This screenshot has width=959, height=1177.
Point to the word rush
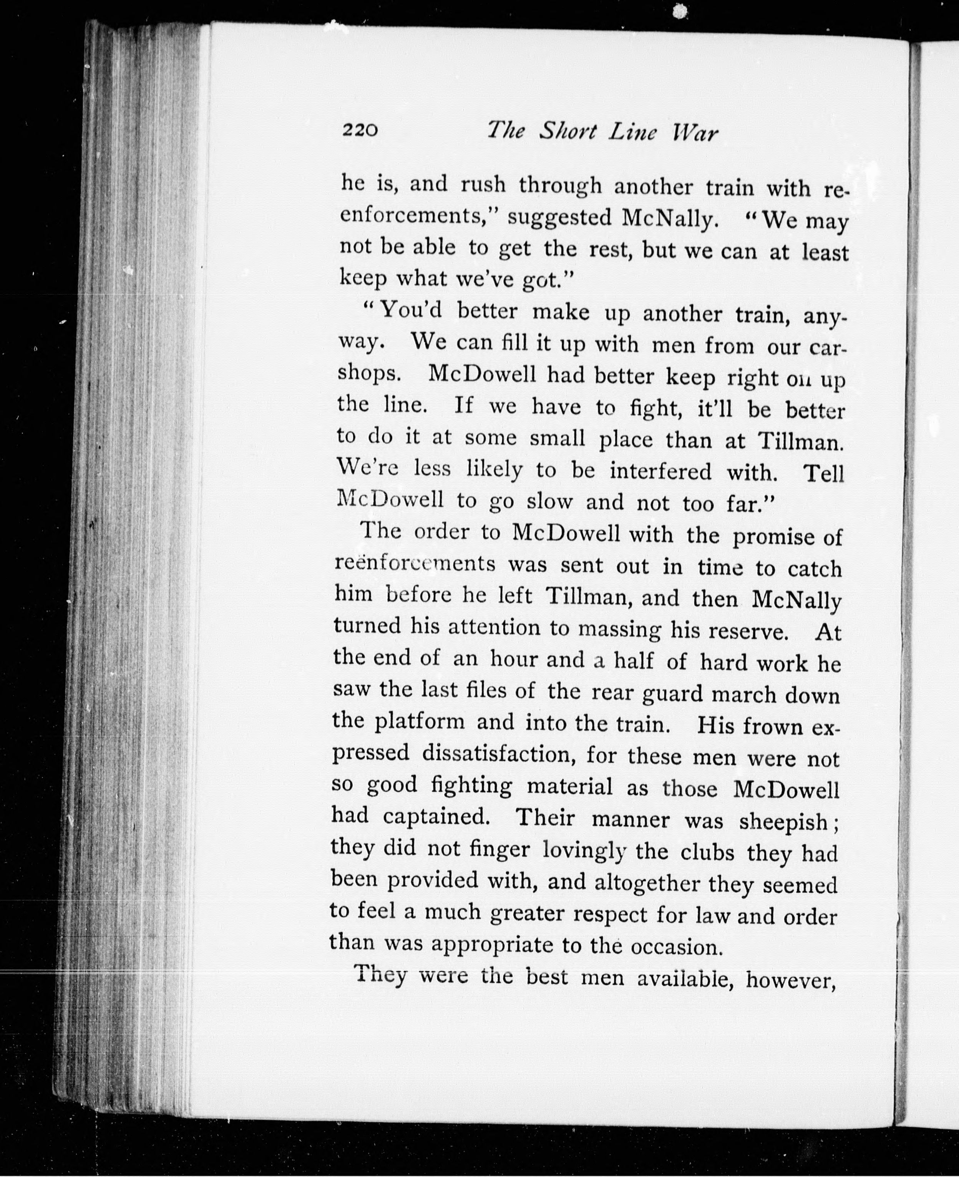click(x=483, y=184)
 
